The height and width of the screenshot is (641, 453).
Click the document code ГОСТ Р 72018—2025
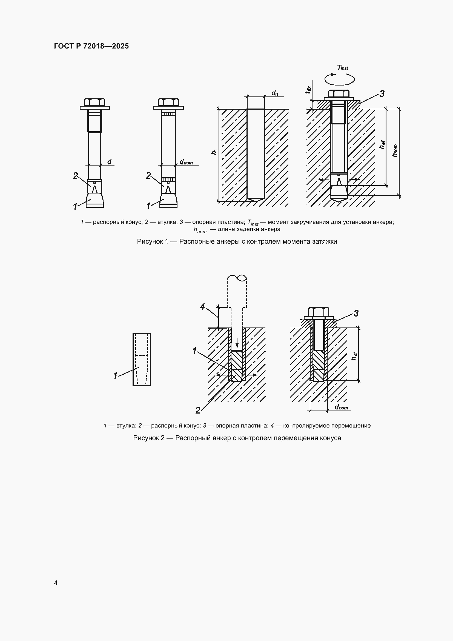(91, 46)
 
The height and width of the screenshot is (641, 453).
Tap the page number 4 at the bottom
(56, 583)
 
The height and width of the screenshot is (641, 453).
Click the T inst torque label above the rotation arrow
(343, 68)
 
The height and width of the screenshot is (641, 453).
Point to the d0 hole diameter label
(275, 93)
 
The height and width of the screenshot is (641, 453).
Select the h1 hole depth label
(214, 152)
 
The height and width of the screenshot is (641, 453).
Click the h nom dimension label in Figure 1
(395, 150)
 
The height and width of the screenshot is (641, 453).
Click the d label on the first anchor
(109, 162)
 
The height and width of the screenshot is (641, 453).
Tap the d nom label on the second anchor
(186, 162)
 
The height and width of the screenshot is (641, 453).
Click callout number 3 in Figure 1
(382, 94)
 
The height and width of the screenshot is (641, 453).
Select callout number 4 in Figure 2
(202, 307)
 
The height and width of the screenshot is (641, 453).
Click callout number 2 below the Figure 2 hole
(198, 410)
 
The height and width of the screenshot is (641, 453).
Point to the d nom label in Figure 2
(342, 407)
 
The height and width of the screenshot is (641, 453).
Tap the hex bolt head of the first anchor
(94, 102)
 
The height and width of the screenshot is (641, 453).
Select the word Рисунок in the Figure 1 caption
(150, 241)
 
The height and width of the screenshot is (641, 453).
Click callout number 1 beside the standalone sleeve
(115, 375)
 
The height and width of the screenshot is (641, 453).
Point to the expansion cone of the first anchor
(94, 200)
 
